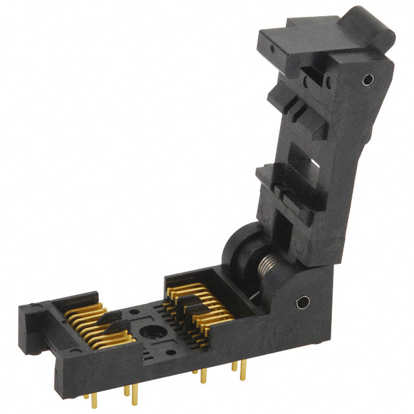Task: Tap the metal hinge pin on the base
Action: coord(301,302)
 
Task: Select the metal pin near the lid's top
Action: coord(367,81)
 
